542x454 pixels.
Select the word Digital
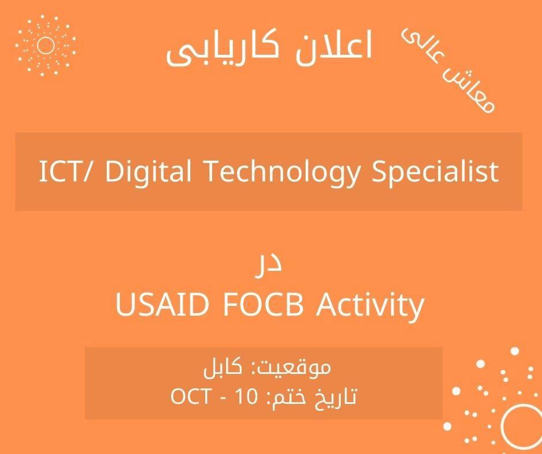[x=148, y=172]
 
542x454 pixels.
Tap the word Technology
[x=282, y=172]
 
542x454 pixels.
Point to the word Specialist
[x=435, y=172]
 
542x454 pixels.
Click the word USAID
[x=163, y=304]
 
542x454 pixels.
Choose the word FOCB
[x=264, y=304]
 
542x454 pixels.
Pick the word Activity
[x=370, y=306]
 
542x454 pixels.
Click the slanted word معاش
[x=469, y=90]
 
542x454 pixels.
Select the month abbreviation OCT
[x=190, y=396]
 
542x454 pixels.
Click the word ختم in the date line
[x=289, y=398]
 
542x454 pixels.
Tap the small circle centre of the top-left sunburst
[x=46, y=46]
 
